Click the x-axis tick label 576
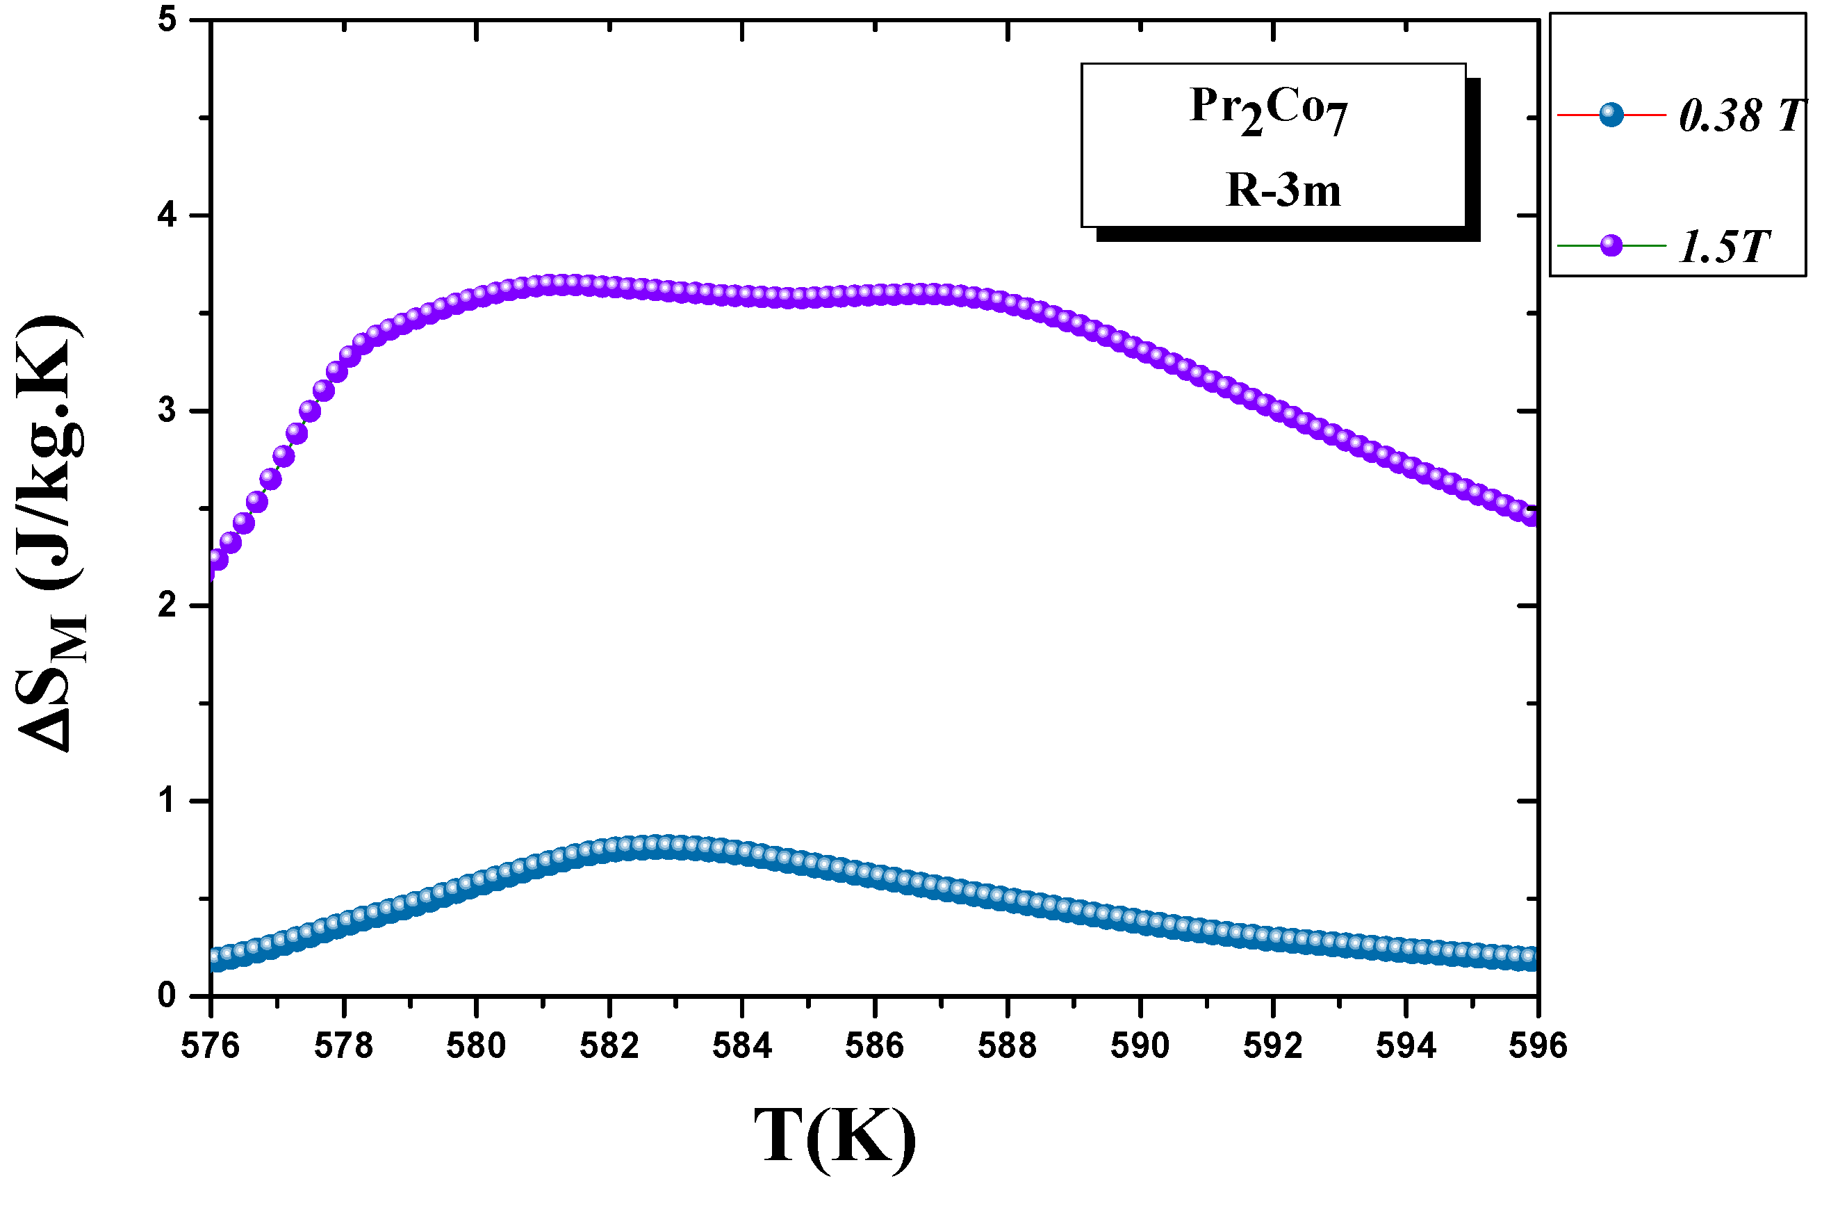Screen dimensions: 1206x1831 pos(210,1046)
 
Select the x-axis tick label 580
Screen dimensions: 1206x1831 pos(476,1046)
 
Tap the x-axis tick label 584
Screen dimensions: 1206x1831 pos(741,1046)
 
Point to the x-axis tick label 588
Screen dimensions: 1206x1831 pos(1007,1046)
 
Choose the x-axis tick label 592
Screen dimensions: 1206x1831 pos(1272,1046)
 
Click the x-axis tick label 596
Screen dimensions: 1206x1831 pos(1537,1046)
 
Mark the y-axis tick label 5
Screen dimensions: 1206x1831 pos(167,20)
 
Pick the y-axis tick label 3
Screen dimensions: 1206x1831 pos(167,410)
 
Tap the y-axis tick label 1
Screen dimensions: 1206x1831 pos(167,801)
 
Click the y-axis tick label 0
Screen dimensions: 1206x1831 pos(167,996)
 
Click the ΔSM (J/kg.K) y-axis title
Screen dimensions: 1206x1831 pos(50,531)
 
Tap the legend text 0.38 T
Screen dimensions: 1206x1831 pos(1740,116)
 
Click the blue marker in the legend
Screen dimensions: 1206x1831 pos(1611,115)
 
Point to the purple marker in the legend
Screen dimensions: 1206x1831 pos(1611,245)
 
